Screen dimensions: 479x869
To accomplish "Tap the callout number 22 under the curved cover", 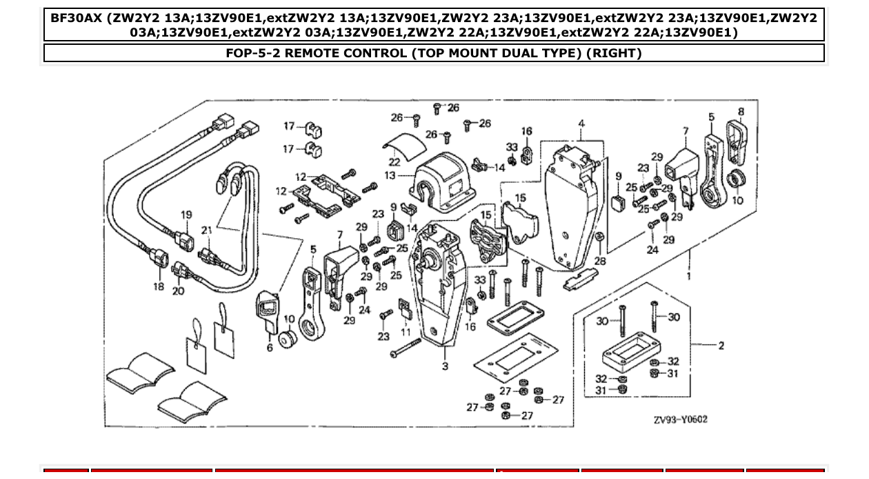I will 394,162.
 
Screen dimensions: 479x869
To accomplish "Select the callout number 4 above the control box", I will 581,124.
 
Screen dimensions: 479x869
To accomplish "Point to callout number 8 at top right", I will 741,112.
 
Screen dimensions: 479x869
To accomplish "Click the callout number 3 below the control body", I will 445,366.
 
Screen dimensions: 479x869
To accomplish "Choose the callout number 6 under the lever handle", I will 270,347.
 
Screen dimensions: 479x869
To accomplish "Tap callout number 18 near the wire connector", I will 159,286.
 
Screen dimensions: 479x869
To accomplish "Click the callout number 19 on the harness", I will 186,215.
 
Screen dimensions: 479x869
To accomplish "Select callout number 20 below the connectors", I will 179,291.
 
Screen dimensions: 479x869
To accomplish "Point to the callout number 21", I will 207,230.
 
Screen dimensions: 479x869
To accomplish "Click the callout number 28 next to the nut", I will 599,261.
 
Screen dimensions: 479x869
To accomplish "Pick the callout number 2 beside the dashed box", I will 721,345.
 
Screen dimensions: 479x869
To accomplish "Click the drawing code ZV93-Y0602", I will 680,420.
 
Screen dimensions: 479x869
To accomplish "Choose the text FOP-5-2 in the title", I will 252,53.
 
